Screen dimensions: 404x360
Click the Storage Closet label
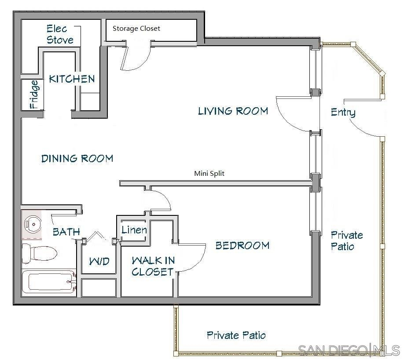(x=136, y=29)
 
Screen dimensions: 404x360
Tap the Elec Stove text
(x=60, y=34)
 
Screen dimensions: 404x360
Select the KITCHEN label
(x=72, y=79)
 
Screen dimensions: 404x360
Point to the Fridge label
(x=34, y=94)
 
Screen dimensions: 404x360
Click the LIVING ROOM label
(x=233, y=111)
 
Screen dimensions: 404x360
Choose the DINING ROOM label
(x=77, y=158)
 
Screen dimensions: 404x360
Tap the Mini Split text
(x=209, y=174)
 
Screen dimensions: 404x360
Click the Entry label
(x=343, y=113)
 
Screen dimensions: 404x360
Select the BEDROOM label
(x=242, y=245)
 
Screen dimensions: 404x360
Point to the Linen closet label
(x=134, y=230)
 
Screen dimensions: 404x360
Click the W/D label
(x=99, y=262)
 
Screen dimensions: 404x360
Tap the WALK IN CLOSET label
(x=153, y=266)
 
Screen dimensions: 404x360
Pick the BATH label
(x=66, y=232)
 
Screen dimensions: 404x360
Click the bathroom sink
(x=33, y=224)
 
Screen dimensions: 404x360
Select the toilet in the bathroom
(x=40, y=254)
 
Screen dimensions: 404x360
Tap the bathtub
(x=49, y=282)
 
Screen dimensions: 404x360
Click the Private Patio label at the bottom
(x=236, y=335)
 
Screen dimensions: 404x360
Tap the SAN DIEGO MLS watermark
(x=349, y=350)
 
